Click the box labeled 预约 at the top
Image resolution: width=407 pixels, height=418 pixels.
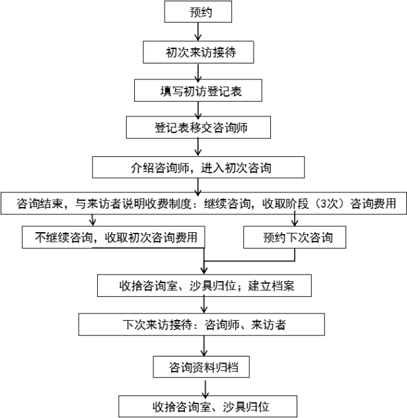tap(198, 11)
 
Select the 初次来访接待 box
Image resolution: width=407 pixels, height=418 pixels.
tap(198, 52)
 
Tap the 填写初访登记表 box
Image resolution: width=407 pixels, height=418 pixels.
tap(198, 91)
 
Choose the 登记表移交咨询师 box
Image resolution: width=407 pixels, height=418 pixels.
tap(198, 128)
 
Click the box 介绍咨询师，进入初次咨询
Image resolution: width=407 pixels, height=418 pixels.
tap(198, 167)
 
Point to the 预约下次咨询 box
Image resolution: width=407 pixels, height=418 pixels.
tap(295, 237)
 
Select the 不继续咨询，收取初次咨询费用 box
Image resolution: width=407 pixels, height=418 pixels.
tap(113, 237)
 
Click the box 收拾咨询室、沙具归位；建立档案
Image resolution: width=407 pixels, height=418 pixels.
tap(204, 286)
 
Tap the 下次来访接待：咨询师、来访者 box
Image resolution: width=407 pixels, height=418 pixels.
tap(202, 325)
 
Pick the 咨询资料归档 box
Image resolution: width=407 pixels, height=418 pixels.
tap(201, 367)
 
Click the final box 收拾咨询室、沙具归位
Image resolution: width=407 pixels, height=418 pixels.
tap(207, 406)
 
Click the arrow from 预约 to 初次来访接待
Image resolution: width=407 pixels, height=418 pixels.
tap(198, 32)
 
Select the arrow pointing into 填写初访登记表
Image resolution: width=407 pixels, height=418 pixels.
tap(198, 73)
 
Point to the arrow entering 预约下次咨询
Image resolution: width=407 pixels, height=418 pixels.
tap(295, 219)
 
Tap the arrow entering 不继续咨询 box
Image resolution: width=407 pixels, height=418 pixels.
tap(92, 220)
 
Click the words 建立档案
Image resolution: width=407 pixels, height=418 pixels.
tap(271, 286)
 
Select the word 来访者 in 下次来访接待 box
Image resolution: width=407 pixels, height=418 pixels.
tap(268, 325)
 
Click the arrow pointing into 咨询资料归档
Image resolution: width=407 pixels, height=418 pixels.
tap(204, 346)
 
